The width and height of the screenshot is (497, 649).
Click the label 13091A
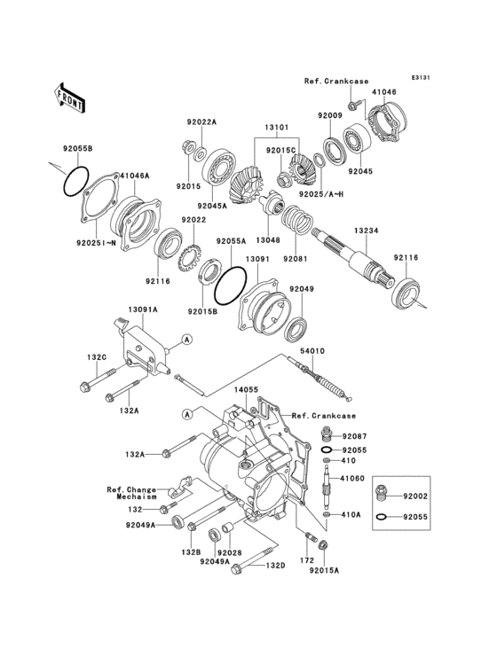point(142,310)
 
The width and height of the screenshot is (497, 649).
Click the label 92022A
point(201,121)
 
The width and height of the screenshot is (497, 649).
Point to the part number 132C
point(96,356)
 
